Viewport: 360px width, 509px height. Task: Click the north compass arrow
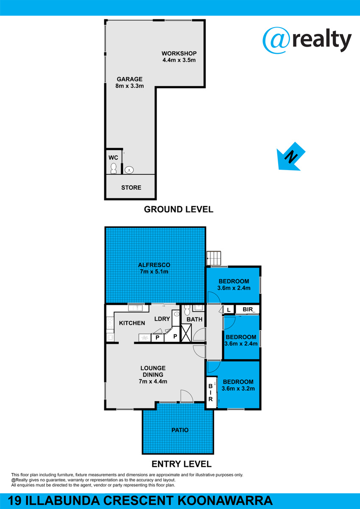(x=291, y=157)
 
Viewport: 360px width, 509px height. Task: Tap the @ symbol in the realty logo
(x=276, y=40)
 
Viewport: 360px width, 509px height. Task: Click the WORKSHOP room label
(x=179, y=53)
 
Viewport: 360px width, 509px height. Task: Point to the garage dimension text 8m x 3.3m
(x=129, y=86)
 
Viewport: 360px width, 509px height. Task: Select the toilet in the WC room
(x=113, y=168)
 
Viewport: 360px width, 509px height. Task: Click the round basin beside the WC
(x=129, y=170)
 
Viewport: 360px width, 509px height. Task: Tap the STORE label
(x=131, y=187)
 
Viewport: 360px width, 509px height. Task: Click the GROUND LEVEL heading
(x=179, y=209)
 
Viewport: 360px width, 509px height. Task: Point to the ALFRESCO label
(x=154, y=265)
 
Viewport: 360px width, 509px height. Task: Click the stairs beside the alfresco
(x=214, y=258)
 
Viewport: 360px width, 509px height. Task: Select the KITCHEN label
(x=132, y=323)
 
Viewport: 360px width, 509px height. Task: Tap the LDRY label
(x=162, y=319)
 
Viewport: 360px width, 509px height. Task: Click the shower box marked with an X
(x=186, y=333)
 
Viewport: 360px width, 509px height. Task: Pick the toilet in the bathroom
(x=187, y=310)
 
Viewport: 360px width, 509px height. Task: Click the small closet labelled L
(x=229, y=310)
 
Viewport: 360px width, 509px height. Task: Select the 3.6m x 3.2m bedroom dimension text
(x=238, y=389)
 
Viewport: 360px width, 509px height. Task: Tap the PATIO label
(x=180, y=430)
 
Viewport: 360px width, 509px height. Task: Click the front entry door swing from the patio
(x=187, y=396)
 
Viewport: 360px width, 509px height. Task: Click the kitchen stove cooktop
(x=110, y=323)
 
